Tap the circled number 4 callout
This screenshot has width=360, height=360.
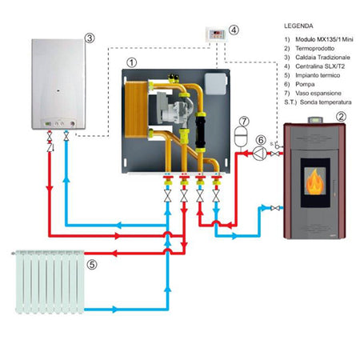[x=234, y=30]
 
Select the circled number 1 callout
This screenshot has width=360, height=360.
[x=133, y=61]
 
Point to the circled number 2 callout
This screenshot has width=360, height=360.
[x=341, y=116]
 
